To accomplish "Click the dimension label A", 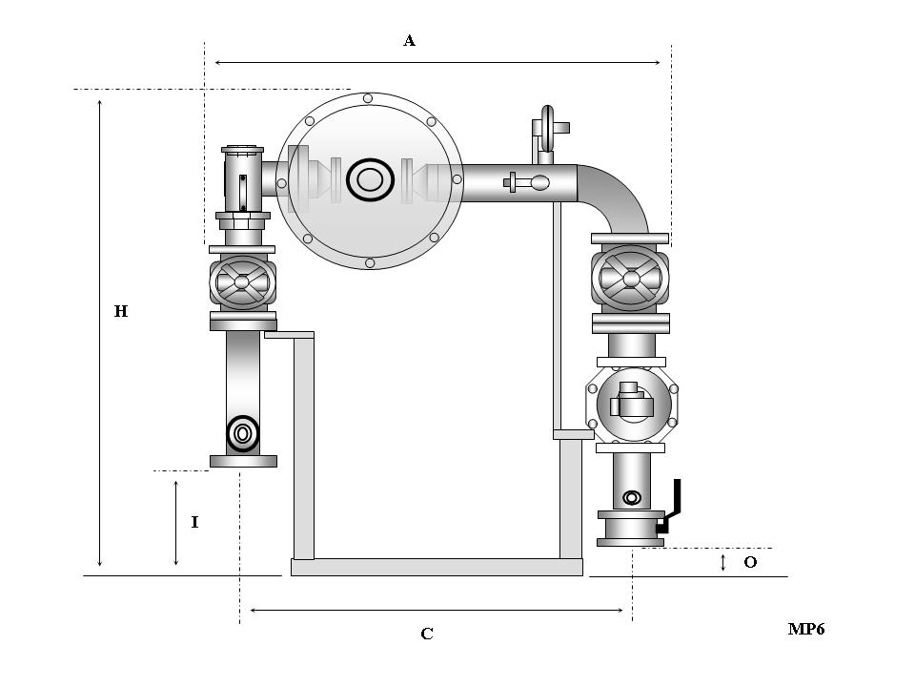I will click(409, 40).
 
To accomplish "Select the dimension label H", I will click(121, 311).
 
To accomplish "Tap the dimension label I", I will click(194, 522).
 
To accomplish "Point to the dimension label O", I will click(750, 563).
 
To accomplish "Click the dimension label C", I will click(427, 634).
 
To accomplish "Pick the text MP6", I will click(805, 629).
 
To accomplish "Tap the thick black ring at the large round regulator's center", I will click(370, 179).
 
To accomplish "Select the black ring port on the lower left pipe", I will click(243, 433).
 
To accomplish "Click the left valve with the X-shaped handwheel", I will click(242, 282).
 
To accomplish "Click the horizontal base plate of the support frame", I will click(437, 567).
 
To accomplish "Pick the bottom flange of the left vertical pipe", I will click(243, 461).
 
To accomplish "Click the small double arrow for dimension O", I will click(723, 563).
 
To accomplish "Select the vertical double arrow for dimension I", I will click(176, 523).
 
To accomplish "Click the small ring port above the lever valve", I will click(631, 497).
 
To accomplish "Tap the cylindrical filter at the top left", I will click(242, 181).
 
